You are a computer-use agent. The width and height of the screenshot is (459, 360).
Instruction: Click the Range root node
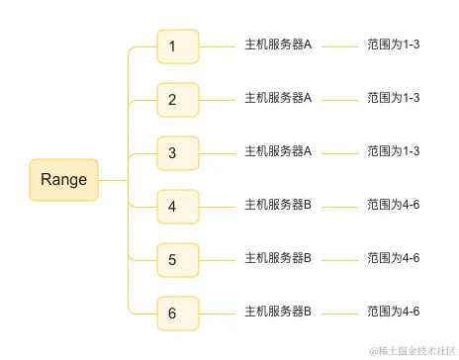[64, 180]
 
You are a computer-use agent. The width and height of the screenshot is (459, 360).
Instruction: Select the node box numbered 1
[178, 45]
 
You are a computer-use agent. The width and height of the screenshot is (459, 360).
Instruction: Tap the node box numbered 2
[178, 99]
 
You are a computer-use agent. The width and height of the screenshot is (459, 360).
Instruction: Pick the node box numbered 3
[178, 152]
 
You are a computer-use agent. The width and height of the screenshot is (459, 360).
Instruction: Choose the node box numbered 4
[178, 207]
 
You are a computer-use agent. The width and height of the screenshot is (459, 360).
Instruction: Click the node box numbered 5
[178, 260]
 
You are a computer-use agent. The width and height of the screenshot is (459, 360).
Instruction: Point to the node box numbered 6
[178, 314]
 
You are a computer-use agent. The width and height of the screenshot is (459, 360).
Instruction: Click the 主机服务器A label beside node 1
[278, 45]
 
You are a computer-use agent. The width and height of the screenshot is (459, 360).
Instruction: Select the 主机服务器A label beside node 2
[278, 98]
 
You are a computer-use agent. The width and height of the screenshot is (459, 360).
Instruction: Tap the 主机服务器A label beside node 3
[278, 151]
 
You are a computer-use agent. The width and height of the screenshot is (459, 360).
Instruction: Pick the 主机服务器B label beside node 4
[278, 205]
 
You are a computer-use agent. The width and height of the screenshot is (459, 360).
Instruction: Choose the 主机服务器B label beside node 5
[278, 258]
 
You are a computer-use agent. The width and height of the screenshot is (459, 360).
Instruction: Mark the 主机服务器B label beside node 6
[278, 312]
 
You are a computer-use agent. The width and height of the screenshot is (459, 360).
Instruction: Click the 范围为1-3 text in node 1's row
[394, 45]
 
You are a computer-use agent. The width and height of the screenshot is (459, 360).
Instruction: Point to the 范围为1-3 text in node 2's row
[394, 98]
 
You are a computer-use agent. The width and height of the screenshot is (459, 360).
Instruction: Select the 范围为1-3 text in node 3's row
[394, 151]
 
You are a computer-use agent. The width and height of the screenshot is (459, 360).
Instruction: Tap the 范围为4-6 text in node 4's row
[394, 205]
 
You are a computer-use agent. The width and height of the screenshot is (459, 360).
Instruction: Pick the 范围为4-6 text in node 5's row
[394, 258]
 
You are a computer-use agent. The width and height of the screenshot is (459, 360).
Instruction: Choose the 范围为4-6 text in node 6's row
[394, 312]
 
